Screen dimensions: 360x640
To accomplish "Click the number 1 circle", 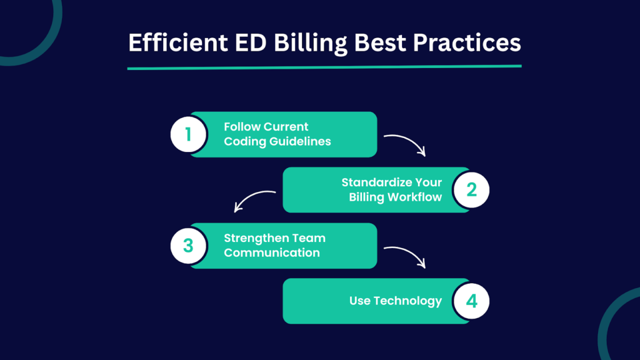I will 188,134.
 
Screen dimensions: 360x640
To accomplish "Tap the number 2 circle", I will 471,189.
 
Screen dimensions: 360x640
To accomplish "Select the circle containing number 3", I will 188,245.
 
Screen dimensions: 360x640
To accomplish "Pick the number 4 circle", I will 471,301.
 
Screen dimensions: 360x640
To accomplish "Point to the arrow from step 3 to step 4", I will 406,255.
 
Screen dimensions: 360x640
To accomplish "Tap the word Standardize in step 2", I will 373,182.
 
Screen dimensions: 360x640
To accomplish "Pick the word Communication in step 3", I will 272,252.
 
